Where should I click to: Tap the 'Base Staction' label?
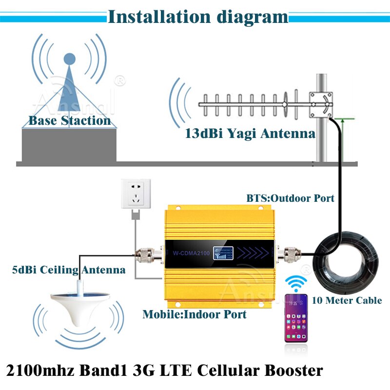tap(69, 120)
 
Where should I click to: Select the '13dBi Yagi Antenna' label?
tap(250, 133)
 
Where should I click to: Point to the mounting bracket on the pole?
tap(322, 103)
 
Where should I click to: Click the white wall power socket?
tap(136, 194)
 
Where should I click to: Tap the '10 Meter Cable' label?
tap(346, 300)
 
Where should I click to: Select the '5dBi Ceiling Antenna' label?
tap(69, 269)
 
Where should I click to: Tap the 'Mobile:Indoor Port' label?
tap(194, 314)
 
